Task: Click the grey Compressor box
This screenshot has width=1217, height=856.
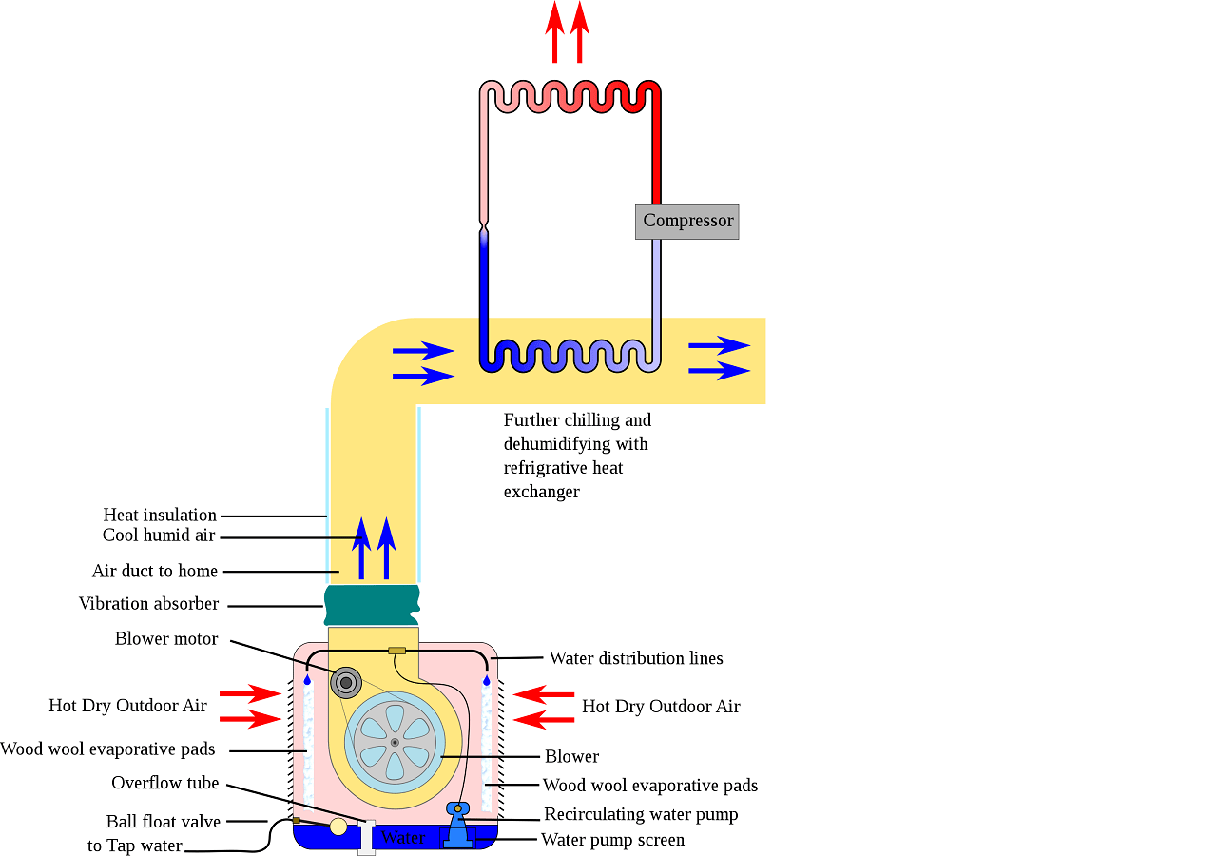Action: pos(686,221)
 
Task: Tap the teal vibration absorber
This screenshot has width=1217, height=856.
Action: pos(372,605)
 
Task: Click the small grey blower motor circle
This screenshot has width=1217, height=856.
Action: pos(346,682)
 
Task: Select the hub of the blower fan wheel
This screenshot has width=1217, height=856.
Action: pos(395,742)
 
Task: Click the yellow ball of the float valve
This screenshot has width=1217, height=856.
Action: pos(338,827)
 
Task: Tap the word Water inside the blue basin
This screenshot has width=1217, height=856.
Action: pos(402,838)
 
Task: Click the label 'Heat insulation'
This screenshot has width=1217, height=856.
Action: pos(160,516)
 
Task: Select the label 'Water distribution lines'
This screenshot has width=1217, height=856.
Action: pos(636,658)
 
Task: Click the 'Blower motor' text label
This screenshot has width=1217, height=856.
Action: pos(166,639)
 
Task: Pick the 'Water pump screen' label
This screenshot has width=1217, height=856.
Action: pos(612,840)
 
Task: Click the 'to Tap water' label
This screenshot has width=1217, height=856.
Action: pos(134,846)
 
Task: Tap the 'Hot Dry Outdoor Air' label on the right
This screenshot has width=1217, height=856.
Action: pos(661,707)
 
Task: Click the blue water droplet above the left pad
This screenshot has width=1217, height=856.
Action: pos(307,680)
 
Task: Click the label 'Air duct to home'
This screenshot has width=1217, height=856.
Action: pos(155,572)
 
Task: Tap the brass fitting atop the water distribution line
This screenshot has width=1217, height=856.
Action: pos(397,651)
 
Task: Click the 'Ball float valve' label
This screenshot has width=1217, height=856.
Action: pos(164,822)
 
